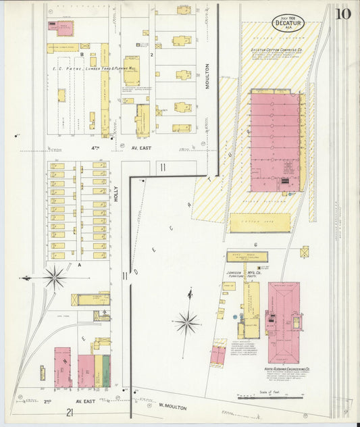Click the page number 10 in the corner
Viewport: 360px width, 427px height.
[342, 14]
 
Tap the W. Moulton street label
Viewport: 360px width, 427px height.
[171, 405]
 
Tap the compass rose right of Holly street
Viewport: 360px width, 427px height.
[187, 322]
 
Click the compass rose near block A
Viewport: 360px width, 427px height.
[54, 277]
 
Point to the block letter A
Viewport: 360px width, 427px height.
[80, 265]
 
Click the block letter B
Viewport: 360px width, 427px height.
[82, 53]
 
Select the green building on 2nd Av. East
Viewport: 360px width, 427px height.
[99, 371]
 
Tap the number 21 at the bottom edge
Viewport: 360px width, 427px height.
[70, 412]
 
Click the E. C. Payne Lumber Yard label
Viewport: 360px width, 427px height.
[91, 68]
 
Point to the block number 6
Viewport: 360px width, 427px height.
[256, 245]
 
